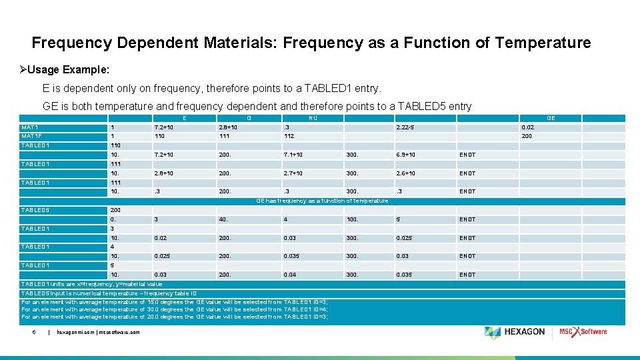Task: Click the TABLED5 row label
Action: click(x=35, y=210)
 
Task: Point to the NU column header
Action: click(x=312, y=118)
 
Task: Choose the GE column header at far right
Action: click(x=551, y=118)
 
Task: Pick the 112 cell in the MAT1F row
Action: click(x=289, y=136)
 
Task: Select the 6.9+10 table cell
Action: click(x=406, y=155)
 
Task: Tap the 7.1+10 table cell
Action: click(x=294, y=155)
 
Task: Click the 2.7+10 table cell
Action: click(x=294, y=173)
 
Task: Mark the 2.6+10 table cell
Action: click(x=406, y=173)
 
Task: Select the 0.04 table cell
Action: click(x=290, y=275)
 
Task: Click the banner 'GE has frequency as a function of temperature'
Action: click(x=323, y=201)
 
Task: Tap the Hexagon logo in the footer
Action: click(x=515, y=332)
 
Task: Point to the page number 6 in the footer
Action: click(x=33, y=332)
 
